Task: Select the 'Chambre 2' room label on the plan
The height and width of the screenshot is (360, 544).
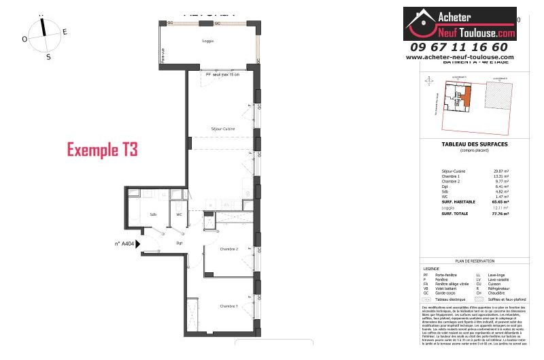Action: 228,249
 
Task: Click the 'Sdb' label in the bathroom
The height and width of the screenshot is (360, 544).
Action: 153,214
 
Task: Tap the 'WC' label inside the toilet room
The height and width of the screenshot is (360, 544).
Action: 180,214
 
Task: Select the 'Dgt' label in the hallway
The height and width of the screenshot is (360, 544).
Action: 180,242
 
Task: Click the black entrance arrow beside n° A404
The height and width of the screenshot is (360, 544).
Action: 139,243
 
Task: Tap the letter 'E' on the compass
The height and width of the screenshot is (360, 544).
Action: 65,32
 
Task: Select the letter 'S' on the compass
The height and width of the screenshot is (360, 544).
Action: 48,57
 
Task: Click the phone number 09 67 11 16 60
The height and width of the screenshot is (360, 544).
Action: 459,47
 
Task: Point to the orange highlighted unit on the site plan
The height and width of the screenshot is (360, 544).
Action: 465,97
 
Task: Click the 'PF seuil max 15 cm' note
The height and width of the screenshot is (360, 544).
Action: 222,74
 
